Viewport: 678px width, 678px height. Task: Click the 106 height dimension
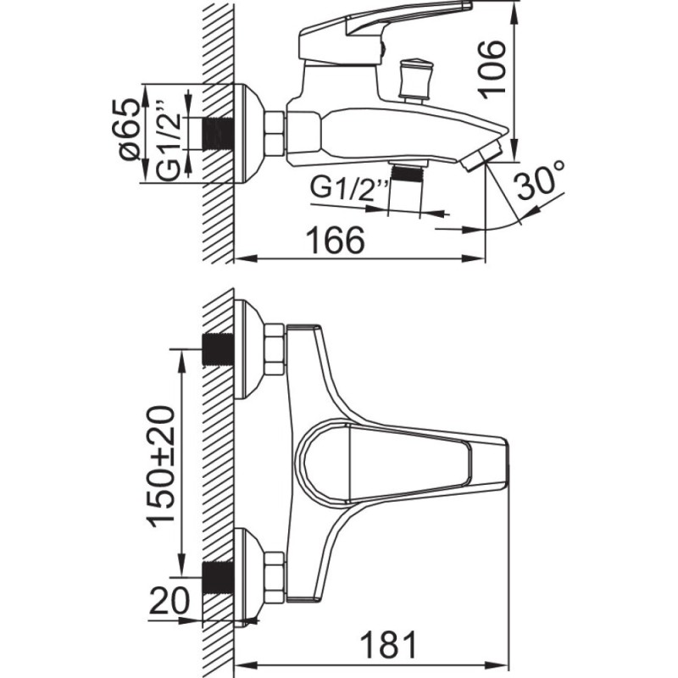point(492,69)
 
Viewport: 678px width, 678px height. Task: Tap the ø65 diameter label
point(131,131)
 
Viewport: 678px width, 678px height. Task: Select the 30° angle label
point(540,181)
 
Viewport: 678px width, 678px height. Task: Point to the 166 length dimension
point(336,241)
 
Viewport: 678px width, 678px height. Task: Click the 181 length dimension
point(389,645)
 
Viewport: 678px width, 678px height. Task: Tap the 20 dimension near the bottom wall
point(169,602)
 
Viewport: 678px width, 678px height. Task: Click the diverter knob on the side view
point(415,79)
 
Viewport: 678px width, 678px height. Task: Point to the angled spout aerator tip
point(481,155)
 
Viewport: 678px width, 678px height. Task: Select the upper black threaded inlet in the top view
point(219,350)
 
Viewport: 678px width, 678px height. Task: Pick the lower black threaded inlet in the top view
point(219,578)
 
